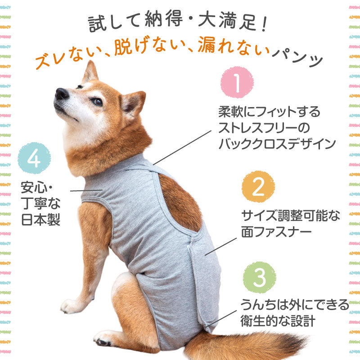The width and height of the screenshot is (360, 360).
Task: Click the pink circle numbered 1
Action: pos(237,83)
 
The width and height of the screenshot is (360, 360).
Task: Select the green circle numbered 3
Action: pos(259,278)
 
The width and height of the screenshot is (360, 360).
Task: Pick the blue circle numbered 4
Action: pos(34,158)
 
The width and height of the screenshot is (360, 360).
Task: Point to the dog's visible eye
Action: pos(97,101)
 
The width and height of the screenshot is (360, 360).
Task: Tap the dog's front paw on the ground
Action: pos(72,306)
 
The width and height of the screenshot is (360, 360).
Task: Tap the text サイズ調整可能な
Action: pos(290,215)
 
